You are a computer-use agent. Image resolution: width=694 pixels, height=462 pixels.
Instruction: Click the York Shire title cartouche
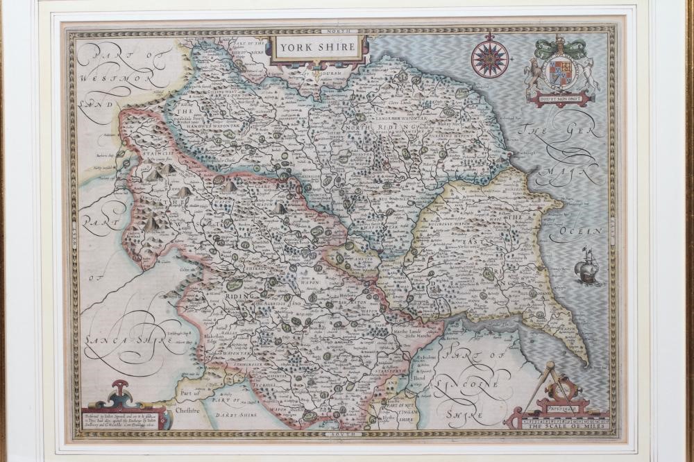pos(316,47)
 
